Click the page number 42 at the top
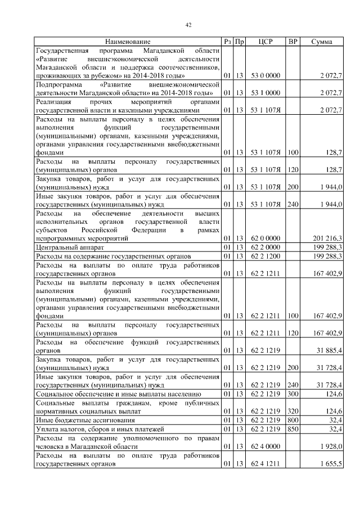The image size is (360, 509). [x=189, y=24]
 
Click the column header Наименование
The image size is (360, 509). [x=128, y=42]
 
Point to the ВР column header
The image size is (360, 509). [x=292, y=42]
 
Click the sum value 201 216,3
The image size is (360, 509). [x=327, y=238]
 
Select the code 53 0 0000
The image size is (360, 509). [x=265, y=75]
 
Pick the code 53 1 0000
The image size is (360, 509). [x=265, y=92]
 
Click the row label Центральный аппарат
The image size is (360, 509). [x=68, y=247]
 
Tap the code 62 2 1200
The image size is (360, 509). [x=265, y=256]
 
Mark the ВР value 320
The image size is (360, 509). [x=292, y=411]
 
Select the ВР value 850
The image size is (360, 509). [x=292, y=429]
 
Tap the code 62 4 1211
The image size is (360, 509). [x=265, y=464]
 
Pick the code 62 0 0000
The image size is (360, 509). [x=265, y=238]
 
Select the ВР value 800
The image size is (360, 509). [x=292, y=420]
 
